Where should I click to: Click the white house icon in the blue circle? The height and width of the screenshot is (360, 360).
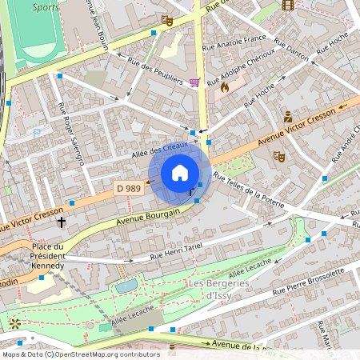coord(180,173)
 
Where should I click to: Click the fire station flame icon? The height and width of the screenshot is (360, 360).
coord(225,86)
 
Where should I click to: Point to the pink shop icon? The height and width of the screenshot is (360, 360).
coord(195,82)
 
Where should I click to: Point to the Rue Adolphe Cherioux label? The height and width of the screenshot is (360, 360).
coord(241,71)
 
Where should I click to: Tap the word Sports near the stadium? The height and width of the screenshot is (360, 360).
coord(46,7)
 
